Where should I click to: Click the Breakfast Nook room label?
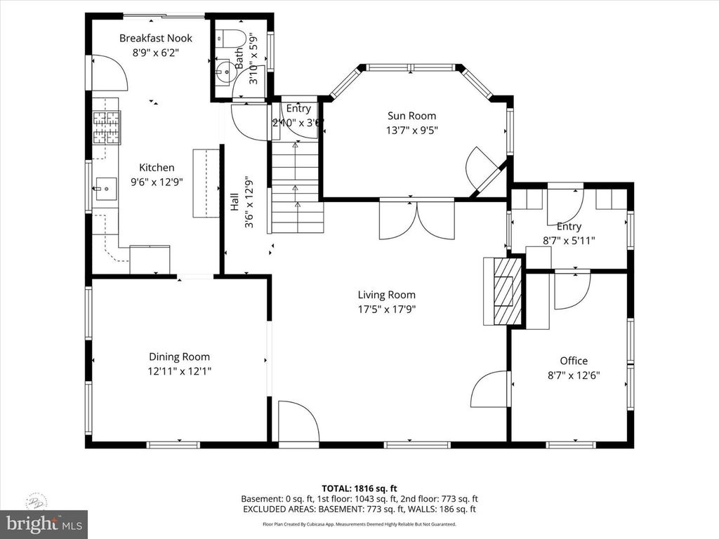(155, 38)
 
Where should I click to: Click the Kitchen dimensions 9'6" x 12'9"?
(157, 182)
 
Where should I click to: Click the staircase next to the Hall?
(295, 189)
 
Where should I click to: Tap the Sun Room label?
(411, 116)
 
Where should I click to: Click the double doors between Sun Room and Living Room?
(416, 220)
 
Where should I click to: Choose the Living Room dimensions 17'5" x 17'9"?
(386, 309)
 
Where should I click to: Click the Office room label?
(574, 361)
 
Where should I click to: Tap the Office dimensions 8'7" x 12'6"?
(574, 375)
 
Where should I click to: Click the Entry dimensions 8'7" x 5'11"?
(569, 240)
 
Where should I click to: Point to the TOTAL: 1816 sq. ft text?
(359, 488)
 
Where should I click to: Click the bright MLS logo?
(44, 524)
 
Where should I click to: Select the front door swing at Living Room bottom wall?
(297, 421)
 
